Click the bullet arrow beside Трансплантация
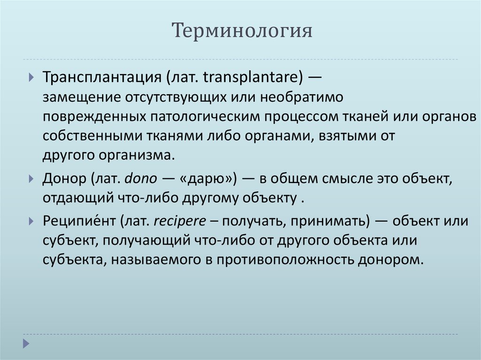[x=31, y=77]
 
